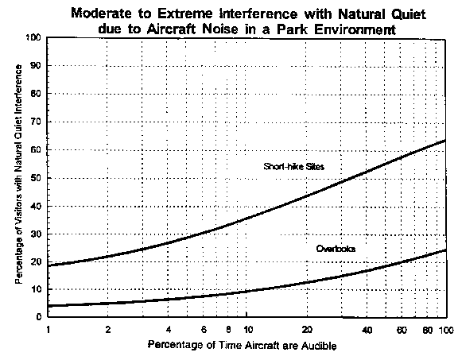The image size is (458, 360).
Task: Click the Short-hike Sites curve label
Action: [x=294, y=166]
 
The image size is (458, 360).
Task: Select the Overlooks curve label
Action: [x=336, y=249]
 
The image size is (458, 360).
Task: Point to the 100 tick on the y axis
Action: [x=34, y=37]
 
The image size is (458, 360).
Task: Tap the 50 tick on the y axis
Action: [x=37, y=178]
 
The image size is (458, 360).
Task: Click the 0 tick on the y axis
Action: [x=39, y=316]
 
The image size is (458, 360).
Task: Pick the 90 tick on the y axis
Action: [x=37, y=65]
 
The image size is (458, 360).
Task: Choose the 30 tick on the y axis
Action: [x=37, y=234]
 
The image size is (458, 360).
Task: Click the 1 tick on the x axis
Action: [x=49, y=330]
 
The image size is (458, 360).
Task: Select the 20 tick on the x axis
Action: [x=307, y=330]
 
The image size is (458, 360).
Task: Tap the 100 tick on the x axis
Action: [x=446, y=331]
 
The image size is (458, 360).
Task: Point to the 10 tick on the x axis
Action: [x=248, y=330]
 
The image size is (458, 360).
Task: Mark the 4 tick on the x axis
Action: [x=169, y=330]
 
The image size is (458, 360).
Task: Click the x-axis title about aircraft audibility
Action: [x=243, y=345]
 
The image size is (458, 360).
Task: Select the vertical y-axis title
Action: [x=19, y=174]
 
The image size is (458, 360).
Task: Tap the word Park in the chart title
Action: [x=292, y=29]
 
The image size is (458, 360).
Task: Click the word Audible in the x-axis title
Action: [x=319, y=346]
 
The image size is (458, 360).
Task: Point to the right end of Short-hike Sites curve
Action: [x=446, y=141]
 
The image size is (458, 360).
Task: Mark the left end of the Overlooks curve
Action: [x=49, y=306]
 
